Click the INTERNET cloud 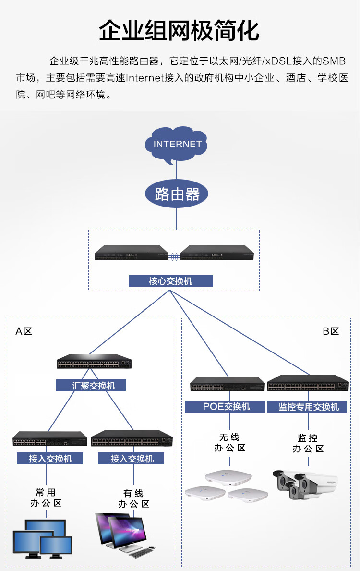point(176,144)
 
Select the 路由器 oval point(177,194)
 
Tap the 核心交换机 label point(171,281)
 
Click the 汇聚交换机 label point(91,385)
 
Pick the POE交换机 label point(225,406)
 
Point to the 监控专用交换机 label point(307,406)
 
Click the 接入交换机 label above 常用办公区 point(50,459)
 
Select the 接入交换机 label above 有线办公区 point(131,459)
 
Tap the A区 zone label point(24,331)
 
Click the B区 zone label point(331,331)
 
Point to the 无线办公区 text point(230,442)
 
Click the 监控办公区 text point(308,443)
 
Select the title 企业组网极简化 point(179,31)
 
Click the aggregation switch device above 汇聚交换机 point(94,361)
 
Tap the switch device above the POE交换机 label point(228,384)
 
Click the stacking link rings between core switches point(174,257)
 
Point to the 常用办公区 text point(46,498)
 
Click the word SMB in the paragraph point(334,61)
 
